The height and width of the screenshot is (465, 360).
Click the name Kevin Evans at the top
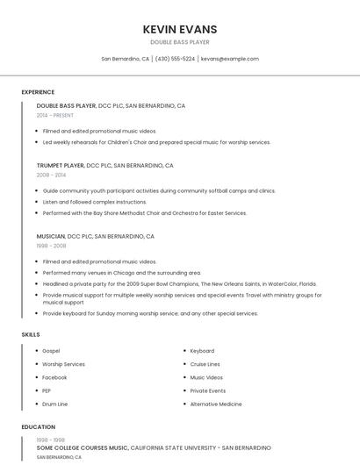click(179, 29)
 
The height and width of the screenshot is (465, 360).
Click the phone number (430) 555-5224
click(175, 59)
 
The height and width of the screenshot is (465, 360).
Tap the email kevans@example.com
click(229, 59)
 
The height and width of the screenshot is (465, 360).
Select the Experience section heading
click(38, 92)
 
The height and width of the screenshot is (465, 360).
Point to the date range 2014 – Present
click(55, 115)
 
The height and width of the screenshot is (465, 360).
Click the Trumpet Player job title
click(61, 165)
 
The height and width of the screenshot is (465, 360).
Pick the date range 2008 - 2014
click(51, 175)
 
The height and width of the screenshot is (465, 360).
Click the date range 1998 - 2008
click(51, 246)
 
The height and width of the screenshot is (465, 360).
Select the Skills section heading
click(30, 334)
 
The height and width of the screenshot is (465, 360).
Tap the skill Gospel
click(51, 351)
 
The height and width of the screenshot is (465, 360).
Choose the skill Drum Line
click(54, 404)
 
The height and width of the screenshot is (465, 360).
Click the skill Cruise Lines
click(205, 364)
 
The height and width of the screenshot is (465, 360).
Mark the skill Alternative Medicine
click(215, 404)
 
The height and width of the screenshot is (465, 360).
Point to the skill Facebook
click(54, 377)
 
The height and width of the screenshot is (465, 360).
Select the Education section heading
click(38, 427)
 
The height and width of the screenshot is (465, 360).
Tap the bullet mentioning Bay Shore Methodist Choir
click(145, 212)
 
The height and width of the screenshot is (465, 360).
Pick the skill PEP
click(47, 390)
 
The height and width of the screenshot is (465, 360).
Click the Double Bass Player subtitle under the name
click(179, 41)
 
